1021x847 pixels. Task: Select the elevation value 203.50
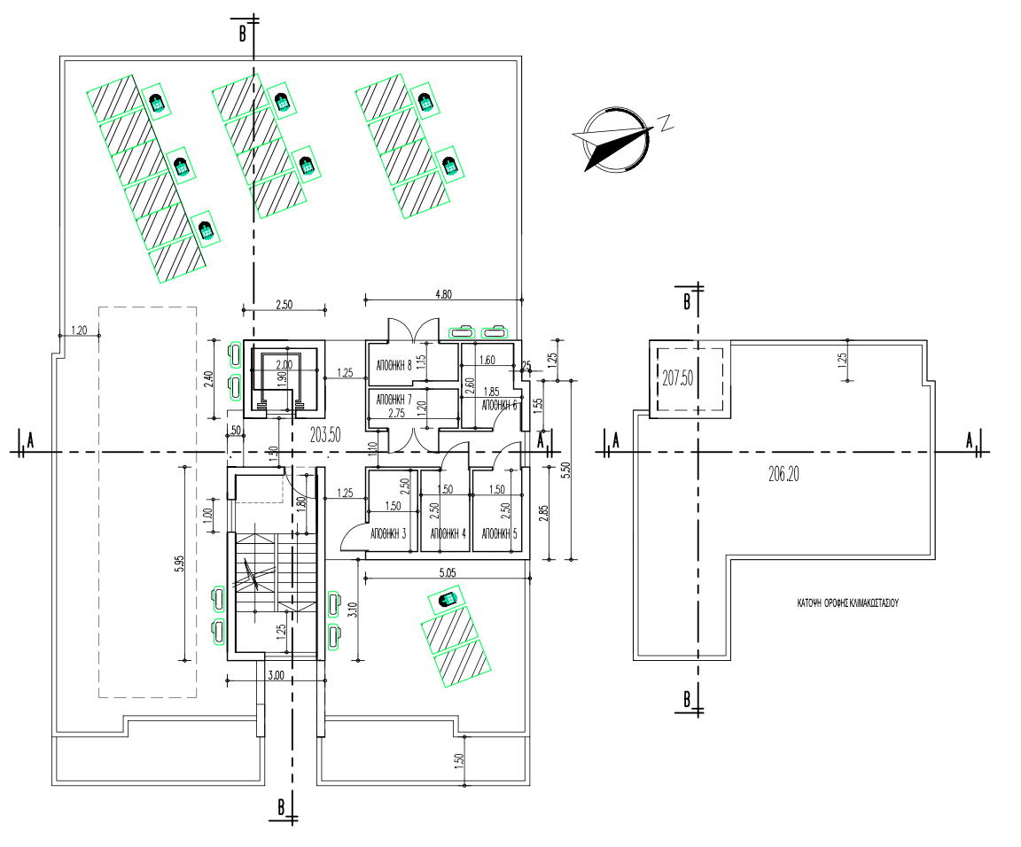(326, 434)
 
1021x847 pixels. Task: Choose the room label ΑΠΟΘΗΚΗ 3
(386, 534)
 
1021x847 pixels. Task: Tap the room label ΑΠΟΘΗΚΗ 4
(447, 534)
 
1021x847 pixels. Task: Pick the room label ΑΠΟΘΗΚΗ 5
(498, 534)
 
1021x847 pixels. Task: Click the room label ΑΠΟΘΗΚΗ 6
(498, 405)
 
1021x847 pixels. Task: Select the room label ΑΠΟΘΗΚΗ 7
(394, 398)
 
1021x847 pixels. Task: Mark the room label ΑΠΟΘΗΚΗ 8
(394, 364)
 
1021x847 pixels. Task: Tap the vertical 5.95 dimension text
(180, 563)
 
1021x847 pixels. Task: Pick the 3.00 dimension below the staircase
(276, 675)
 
